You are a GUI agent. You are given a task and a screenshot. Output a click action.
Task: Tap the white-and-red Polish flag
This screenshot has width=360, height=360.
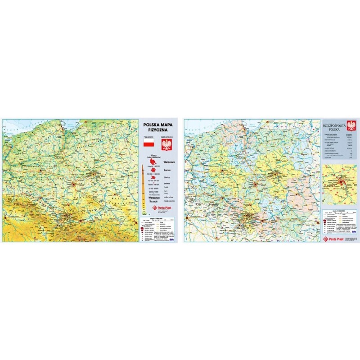(148, 144)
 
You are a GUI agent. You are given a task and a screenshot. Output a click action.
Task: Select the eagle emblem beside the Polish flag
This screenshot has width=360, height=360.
(167, 144)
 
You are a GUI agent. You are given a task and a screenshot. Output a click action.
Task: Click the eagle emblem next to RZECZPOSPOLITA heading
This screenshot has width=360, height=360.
(352, 124)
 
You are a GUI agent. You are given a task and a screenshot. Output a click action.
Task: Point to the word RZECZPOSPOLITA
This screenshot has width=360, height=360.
(336, 122)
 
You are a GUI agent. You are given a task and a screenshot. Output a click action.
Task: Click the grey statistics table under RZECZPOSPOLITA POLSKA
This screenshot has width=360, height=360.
(338, 144)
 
